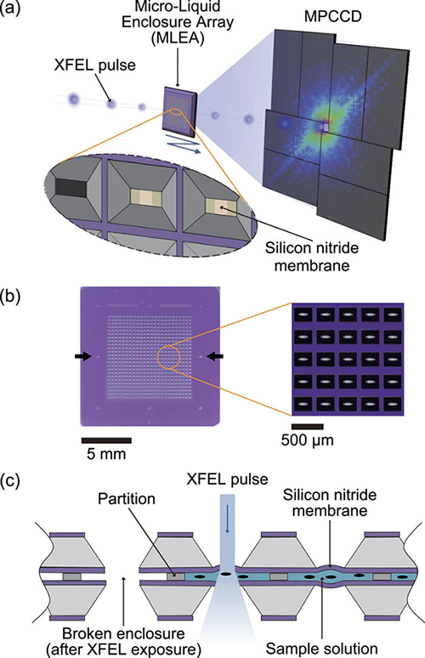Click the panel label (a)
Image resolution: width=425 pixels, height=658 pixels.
9,9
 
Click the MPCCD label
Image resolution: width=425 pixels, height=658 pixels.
333,17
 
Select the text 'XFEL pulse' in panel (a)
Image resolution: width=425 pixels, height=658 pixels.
95,65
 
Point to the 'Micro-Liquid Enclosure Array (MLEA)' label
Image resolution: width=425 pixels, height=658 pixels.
178,22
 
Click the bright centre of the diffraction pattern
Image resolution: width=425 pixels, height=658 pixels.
325,128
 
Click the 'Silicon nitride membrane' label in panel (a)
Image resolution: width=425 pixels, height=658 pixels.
312,256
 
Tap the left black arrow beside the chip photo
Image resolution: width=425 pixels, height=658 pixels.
83,357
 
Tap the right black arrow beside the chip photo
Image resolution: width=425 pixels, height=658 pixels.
216,357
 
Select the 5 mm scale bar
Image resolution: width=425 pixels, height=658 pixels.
106,440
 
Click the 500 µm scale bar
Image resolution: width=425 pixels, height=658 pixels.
308,427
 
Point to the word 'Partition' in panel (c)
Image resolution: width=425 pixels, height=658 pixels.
127,499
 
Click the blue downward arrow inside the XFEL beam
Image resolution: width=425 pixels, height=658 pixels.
228,525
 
